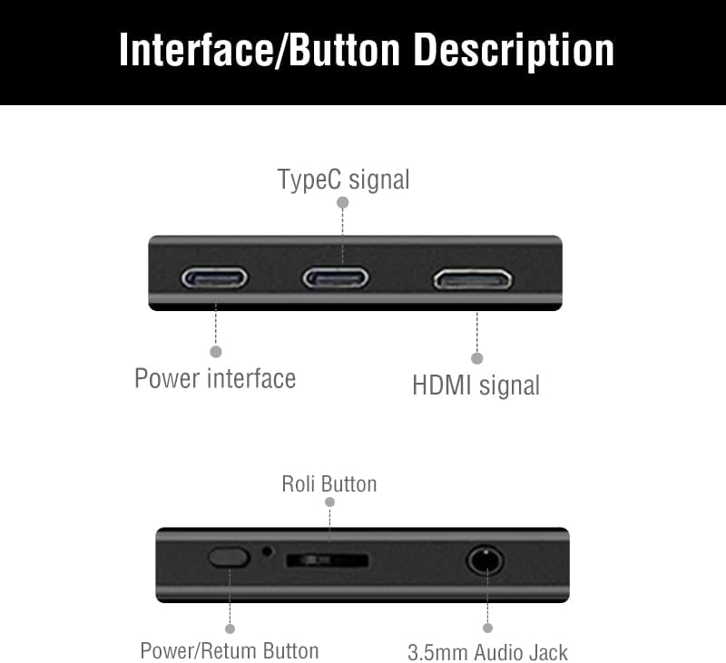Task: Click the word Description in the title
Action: coord(514,51)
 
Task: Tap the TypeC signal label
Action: coord(343,180)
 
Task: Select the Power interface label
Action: coord(215,377)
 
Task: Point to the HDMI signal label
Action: coord(476,385)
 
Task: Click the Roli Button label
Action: coord(329,483)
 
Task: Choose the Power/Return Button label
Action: coord(230,650)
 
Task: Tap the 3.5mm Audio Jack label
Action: coord(487,652)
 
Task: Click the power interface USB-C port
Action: coord(215,278)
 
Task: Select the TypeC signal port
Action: coord(336,278)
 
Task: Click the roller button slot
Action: coord(327,561)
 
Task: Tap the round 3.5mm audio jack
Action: coord(486,560)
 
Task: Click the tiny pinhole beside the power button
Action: coord(267,551)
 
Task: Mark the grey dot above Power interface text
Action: coord(216,351)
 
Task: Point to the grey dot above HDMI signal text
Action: coord(477,358)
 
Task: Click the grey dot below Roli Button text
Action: coord(329,502)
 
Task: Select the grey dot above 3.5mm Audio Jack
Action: coord(487,628)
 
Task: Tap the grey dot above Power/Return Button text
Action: coord(230,628)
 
